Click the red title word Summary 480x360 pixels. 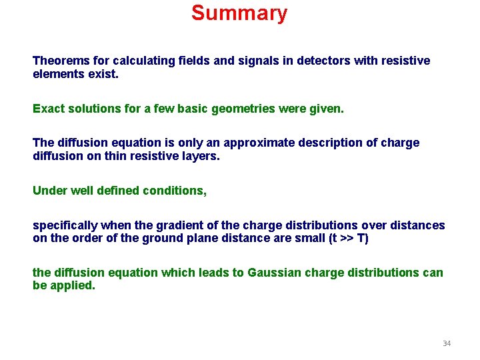[x=239, y=13]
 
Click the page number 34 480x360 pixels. [x=447, y=343]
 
